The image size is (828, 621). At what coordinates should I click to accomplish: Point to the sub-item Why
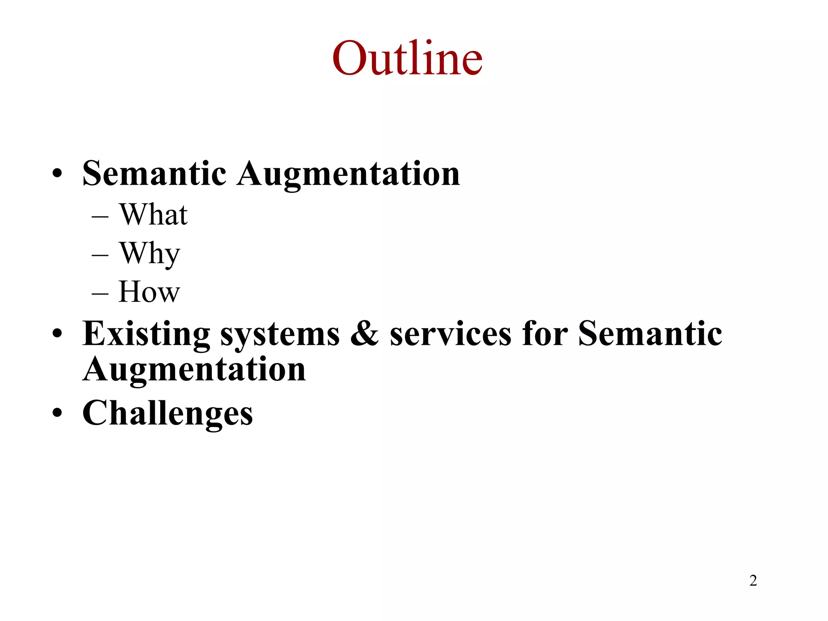coord(150,253)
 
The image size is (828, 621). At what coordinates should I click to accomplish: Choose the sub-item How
coord(149,291)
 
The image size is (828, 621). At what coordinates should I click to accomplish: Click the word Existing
coord(146,334)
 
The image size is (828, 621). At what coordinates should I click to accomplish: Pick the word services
coord(450,334)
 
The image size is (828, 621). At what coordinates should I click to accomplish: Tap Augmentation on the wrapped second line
coord(194,370)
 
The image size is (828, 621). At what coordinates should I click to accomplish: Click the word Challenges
coord(167,413)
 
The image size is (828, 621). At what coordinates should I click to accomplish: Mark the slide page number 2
coord(753,581)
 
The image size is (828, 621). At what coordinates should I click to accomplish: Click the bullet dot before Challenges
coord(57,413)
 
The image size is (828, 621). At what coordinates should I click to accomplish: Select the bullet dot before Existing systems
coord(57,334)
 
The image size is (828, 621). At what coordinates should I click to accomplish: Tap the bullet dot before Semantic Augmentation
coord(57,173)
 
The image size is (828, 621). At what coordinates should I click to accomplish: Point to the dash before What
coord(100,217)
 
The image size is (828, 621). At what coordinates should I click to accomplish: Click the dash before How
coord(100,294)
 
